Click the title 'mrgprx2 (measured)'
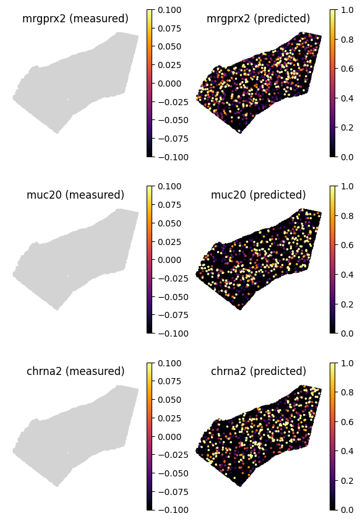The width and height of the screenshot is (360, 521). [x=75, y=19]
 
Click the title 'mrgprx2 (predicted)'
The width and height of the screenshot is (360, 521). [x=259, y=19]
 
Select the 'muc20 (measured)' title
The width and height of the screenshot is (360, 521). [x=75, y=195]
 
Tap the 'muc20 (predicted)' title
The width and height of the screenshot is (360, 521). [x=259, y=195]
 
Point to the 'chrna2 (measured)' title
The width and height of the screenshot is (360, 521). [x=75, y=371]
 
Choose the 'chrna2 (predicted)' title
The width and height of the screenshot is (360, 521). [x=259, y=371]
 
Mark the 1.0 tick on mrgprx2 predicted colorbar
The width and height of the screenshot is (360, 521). [x=346, y=9]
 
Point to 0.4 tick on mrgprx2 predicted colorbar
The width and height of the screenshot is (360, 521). [x=346, y=98]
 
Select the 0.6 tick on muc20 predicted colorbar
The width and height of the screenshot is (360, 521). [x=346, y=245]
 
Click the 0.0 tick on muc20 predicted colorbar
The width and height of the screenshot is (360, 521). [x=346, y=333]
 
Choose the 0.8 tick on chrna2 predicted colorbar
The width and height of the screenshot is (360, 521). [x=346, y=392]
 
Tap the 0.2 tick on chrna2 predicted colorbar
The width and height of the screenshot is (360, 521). [x=346, y=480]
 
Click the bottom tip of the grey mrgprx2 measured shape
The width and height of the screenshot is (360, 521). [x=57, y=132]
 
